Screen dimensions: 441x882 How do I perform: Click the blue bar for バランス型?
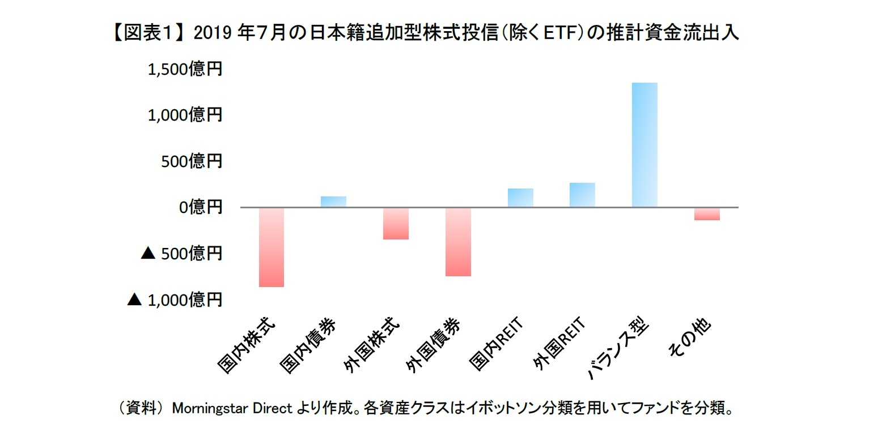pos(644,145)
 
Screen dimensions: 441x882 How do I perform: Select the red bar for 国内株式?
pos(271,247)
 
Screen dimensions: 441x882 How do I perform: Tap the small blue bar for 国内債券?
pos(333,202)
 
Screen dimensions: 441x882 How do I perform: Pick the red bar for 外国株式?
pos(396,224)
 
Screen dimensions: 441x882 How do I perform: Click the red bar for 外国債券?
pos(458,242)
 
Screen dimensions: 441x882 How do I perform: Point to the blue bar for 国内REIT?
pos(520,198)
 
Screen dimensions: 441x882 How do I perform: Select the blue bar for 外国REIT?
pos(582,195)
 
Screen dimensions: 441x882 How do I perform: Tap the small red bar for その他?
pos(707,213)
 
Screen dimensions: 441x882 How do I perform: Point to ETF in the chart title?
pos(562,34)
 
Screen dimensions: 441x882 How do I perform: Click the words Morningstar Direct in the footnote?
pos(231,408)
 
